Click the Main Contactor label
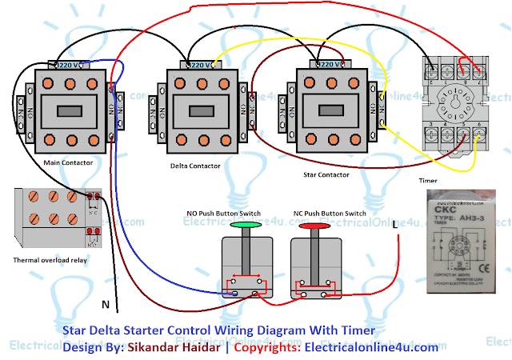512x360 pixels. coord(68,162)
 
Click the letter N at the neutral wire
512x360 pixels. coord(104,304)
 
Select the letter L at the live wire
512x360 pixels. coord(395,227)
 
